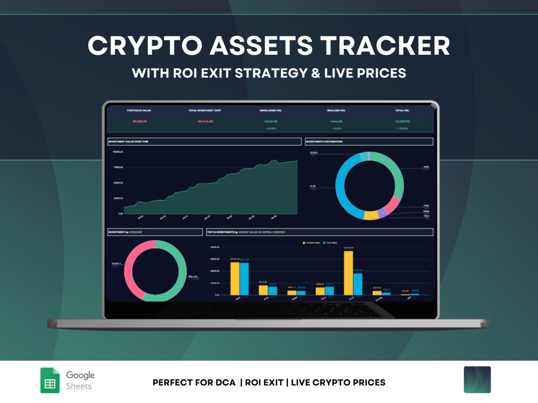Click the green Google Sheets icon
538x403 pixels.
(50, 380)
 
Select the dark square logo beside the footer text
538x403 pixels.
(477, 380)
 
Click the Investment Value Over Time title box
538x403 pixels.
(204, 141)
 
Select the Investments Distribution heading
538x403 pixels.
(369, 141)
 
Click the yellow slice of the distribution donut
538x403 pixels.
(371, 215)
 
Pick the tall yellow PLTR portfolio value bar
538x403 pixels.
(349, 272)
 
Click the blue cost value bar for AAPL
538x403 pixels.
(244, 278)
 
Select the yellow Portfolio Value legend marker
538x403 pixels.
(305, 243)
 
